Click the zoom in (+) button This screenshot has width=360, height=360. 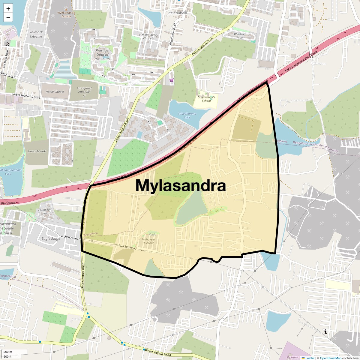(x=8, y=9)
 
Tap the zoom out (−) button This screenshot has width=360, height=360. (x=8, y=18)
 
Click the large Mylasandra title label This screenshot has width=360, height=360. (x=181, y=185)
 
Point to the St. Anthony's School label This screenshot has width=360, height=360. (x=206, y=99)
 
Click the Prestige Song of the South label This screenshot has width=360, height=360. (x=102, y=55)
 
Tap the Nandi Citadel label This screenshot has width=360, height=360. (x=55, y=92)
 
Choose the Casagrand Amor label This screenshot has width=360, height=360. (x=84, y=92)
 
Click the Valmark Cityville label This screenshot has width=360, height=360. (x=36, y=34)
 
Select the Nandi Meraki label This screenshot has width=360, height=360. (x=37, y=151)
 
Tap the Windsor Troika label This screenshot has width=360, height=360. (x=239, y=36)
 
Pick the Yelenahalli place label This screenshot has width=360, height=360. (x=178, y=13)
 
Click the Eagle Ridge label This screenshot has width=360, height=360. (x=51, y=238)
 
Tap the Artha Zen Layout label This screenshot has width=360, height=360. (x=45, y=211)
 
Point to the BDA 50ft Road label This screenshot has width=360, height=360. (x=127, y=247)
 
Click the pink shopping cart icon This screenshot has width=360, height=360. (x=171, y=80)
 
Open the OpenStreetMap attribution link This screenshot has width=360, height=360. (x=331, y=358)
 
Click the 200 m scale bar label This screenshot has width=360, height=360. (x=8, y=352)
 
